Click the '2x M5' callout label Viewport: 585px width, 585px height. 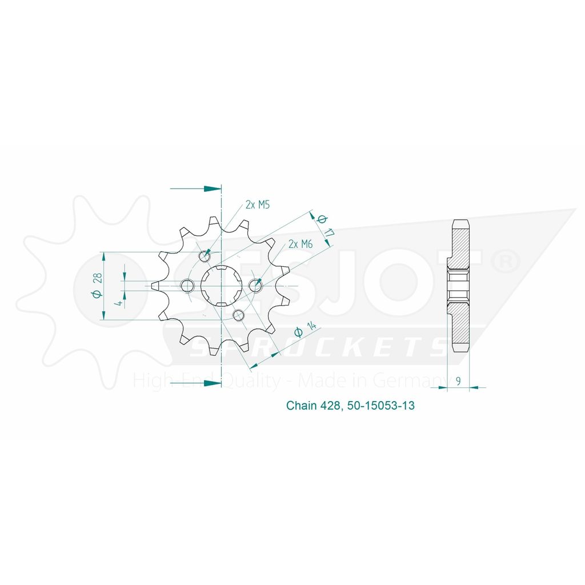tap(258, 205)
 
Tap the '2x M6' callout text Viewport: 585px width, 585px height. tap(300, 244)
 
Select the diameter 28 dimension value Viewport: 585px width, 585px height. tap(97, 285)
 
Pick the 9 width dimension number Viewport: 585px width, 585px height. tap(458, 380)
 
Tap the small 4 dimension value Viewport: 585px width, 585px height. tap(119, 303)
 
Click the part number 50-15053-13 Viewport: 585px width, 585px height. tap(380, 405)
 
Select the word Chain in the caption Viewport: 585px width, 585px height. tap(302, 405)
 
